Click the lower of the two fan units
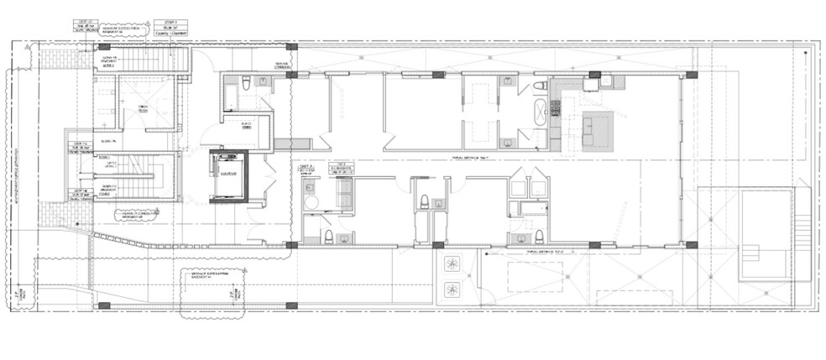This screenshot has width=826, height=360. click(453, 290)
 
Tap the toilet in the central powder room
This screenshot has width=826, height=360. click(425, 201)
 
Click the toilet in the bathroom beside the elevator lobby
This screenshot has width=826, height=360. click(244, 81)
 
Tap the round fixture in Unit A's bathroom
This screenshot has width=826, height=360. click(309, 202)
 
